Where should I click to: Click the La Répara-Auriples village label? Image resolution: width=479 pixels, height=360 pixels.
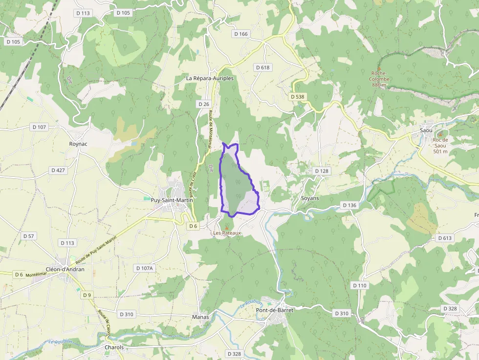(x=210, y=78)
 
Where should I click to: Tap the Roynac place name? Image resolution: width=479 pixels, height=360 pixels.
(x=78, y=145)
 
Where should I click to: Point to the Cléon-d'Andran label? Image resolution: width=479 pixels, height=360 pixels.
(x=65, y=269)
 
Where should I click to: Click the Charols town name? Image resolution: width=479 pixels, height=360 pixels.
(x=114, y=347)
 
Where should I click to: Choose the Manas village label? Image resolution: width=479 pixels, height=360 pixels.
(x=200, y=317)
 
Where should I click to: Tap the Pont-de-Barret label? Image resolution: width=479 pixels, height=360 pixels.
(x=274, y=310)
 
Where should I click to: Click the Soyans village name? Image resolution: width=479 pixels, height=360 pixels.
(x=310, y=198)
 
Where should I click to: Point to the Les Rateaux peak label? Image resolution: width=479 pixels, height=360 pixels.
(x=227, y=233)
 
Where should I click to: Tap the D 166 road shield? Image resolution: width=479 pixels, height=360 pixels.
(x=241, y=34)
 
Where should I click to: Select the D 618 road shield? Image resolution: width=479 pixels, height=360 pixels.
(x=262, y=67)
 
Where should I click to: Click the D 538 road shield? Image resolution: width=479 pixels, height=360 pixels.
(x=297, y=97)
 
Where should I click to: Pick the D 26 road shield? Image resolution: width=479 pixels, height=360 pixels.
(x=204, y=105)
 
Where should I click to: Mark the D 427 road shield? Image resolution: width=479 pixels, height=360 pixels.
(x=58, y=170)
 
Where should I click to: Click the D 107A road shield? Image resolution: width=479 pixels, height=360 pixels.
(x=144, y=268)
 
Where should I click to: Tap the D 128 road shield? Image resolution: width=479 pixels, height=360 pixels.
(x=322, y=171)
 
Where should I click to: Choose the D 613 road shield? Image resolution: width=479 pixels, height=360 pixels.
(x=445, y=238)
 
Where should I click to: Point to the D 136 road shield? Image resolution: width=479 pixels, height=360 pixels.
(x=349, y=205)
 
